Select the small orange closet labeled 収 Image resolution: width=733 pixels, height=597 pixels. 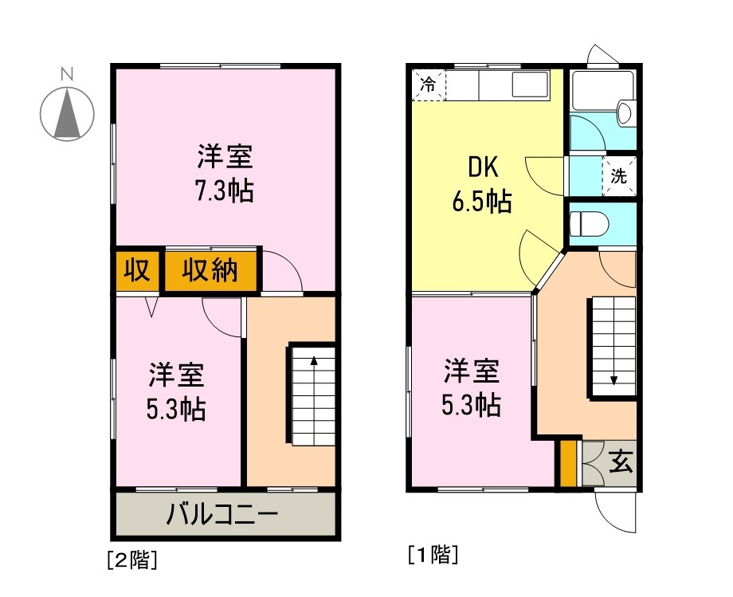pos(137,271)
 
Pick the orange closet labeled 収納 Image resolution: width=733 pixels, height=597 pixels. pos(211,271)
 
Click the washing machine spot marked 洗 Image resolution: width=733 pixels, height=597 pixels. pos(619,177)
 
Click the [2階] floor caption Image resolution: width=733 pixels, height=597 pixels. pos(131,560)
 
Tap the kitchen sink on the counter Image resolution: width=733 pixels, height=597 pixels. pos(529,84)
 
